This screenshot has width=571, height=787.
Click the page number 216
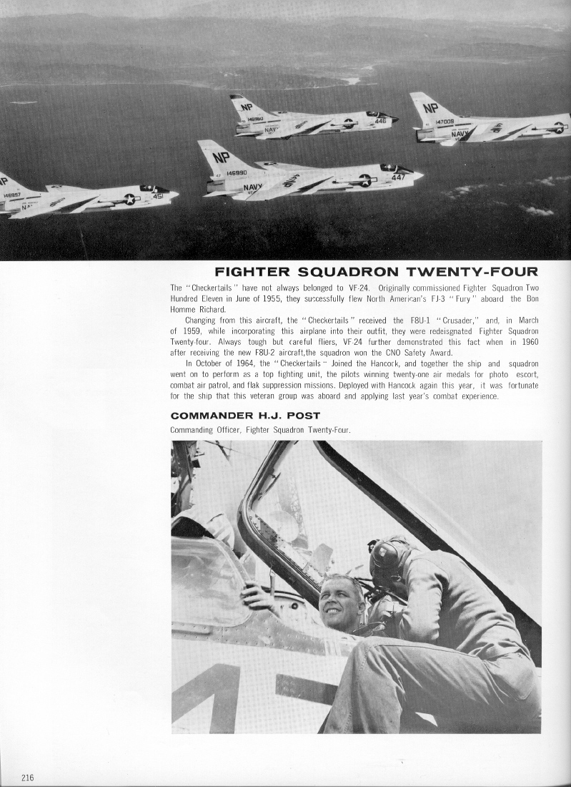coord(28,778)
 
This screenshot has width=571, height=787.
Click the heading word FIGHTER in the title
coord(252,272)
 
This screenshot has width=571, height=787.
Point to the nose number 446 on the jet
coord(380,121)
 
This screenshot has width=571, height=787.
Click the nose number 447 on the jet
coord(398,177)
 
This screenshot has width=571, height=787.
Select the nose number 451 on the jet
coord(157,196)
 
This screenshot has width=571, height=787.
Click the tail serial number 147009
coord(445,122)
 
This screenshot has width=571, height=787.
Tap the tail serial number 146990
coord(237,173)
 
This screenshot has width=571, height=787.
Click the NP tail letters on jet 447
coord(221,157)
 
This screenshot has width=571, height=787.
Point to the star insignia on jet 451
coord(129,199)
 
